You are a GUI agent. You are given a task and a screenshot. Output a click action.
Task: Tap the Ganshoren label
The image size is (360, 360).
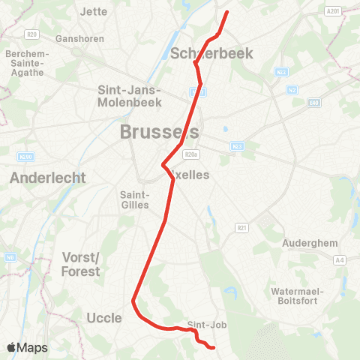pos(78,37)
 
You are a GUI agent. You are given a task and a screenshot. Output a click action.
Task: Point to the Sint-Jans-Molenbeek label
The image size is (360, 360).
pos(130,95)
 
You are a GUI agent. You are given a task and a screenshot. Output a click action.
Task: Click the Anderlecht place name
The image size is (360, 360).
pos(48,178)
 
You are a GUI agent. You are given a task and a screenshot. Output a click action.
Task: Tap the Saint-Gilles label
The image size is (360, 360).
pos(136,199)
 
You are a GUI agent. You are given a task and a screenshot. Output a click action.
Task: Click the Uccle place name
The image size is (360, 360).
pos(104,318)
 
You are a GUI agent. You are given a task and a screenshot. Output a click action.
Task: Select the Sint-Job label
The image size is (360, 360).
pos(207,325)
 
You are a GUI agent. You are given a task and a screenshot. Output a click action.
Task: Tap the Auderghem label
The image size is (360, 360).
pos(310,243)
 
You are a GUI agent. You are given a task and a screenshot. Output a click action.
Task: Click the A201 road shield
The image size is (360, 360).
pos(334,10)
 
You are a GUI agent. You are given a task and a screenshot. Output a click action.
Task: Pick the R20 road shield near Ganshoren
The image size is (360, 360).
pos(31,34)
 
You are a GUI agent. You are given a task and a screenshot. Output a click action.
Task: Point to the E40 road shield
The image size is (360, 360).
pos(314,102)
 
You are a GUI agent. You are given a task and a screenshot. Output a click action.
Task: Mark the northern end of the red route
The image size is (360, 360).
pos(226,13)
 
